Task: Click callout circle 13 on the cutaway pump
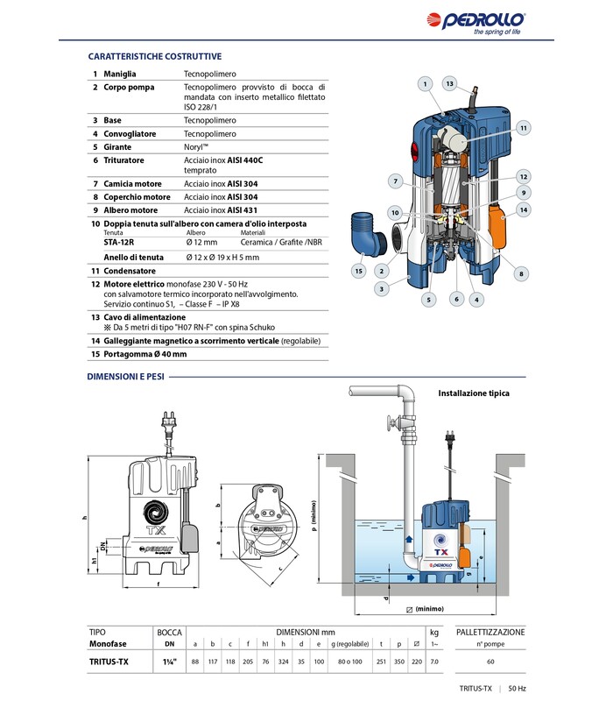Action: pos(450,83)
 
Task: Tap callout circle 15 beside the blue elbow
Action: pos(358,272)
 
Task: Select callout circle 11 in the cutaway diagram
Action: pos(524,128)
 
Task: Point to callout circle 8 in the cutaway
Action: pos(521,274)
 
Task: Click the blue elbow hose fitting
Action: pos(363,232)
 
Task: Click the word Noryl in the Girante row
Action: pos(196,147)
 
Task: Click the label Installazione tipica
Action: pos(474,393)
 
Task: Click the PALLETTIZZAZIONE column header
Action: pos(490,631)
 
